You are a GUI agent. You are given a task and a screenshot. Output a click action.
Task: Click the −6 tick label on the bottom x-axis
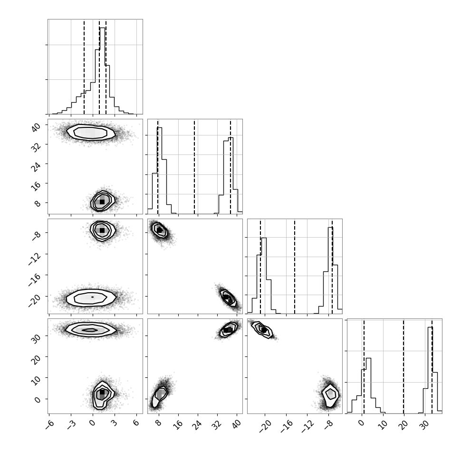click(50, 424)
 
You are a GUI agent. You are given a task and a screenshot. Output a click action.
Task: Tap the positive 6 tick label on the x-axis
click(135, 423)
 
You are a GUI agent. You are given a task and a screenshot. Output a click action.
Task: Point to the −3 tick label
click(72, 424)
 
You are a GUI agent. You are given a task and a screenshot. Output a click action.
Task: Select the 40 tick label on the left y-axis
click(36, 127)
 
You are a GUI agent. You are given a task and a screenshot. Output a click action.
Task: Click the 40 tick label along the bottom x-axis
click(236, 424)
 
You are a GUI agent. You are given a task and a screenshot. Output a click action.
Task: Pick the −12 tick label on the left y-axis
click(34, 259)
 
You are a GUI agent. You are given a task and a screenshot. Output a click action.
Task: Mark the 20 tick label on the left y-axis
click(36, 359)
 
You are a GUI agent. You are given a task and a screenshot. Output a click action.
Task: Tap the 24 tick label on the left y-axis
click(36, 166)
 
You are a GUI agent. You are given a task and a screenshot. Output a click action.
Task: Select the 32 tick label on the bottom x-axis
click(217, 424)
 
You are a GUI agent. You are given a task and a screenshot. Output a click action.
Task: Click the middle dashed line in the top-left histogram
click(99, 67)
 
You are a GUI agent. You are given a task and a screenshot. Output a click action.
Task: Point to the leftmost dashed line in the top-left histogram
click(84, 67)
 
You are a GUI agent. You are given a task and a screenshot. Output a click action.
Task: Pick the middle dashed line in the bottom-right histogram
click(403, 366)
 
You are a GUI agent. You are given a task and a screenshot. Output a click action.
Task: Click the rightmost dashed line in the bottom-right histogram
click(432, 366)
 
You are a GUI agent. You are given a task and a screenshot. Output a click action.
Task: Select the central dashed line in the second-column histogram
click(194, 167)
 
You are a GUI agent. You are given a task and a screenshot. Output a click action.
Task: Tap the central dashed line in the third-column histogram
click(295, 266)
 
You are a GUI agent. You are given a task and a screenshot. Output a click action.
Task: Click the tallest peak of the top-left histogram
click(102, 28)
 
